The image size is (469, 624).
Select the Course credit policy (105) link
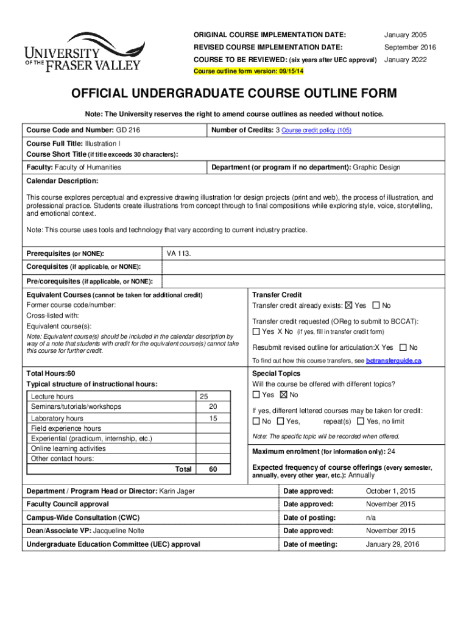point(316,130)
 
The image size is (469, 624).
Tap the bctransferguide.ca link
point(393,361)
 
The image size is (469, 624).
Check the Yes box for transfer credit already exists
point(348,305)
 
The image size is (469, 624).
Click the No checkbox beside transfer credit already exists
point(376,305)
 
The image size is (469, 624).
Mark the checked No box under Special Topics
point(283,395)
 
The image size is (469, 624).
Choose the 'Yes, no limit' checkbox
point(361,421)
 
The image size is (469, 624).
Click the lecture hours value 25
point(205,397)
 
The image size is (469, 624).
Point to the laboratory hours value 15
point(213,419)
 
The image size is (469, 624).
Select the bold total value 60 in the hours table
point(213,469)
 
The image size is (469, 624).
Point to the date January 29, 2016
point(392,544)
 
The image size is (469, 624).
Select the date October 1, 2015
point(390,491)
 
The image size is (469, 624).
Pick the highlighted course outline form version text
point(249,71)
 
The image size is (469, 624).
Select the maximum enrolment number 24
point(392,452)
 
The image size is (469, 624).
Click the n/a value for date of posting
point(371,517)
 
